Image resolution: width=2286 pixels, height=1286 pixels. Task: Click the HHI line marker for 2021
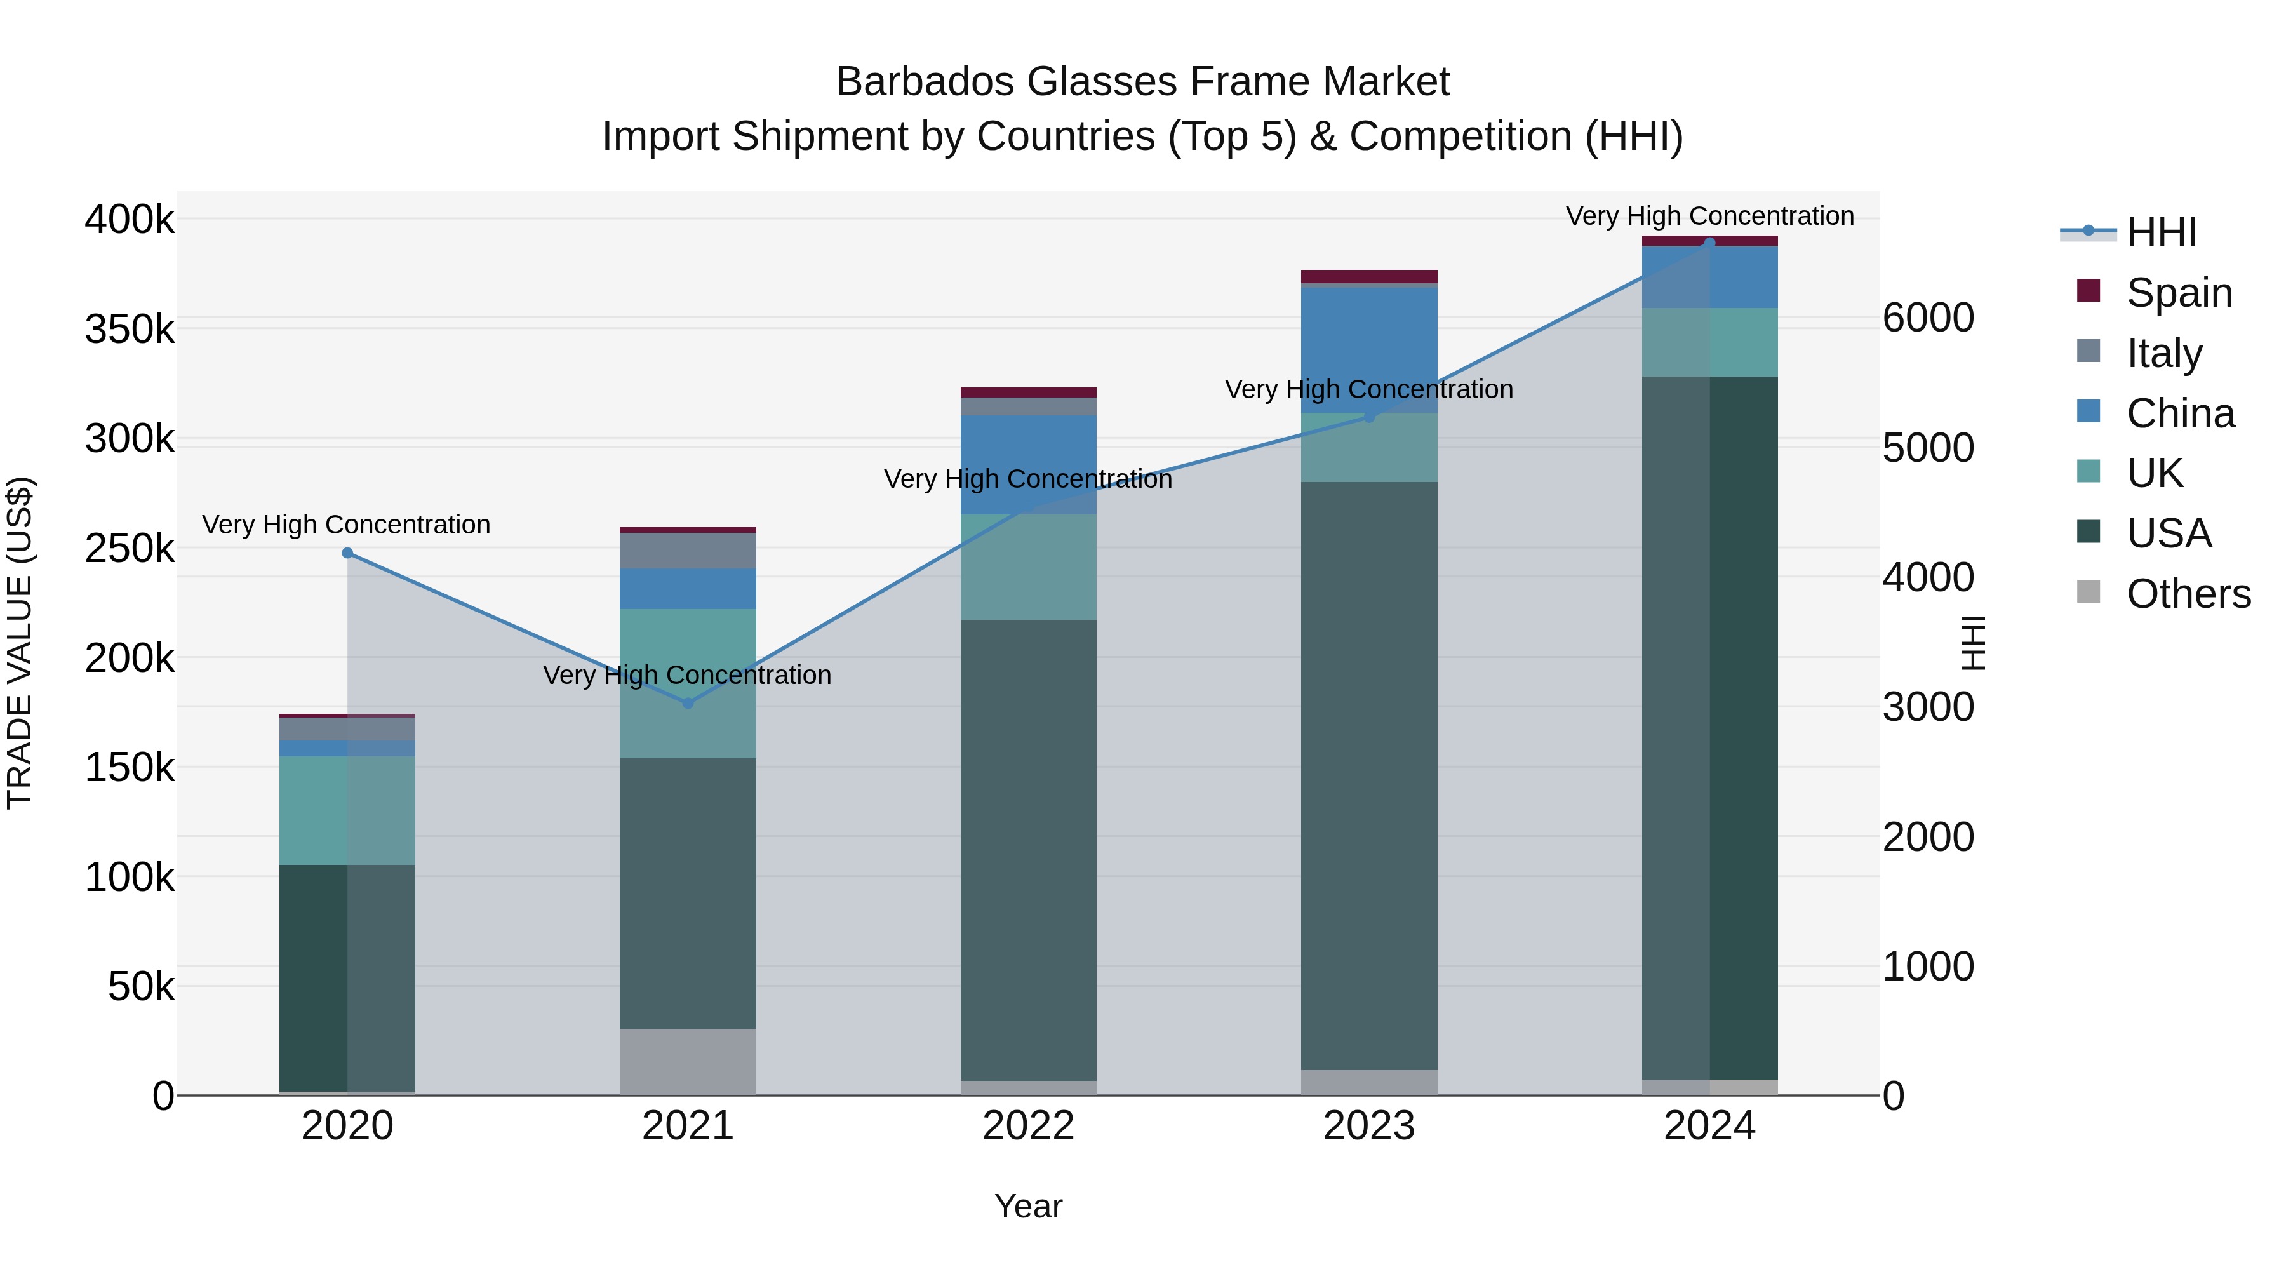click(688, 703)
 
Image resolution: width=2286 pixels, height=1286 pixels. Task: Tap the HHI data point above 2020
click(347, 553)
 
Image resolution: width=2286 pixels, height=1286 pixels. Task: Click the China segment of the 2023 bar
click(1368, 351)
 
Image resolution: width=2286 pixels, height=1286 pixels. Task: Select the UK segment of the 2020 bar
click(347, 810)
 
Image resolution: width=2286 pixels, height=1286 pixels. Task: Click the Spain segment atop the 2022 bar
click(1029, 392)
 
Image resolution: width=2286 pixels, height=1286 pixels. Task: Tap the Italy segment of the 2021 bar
click(688, 550)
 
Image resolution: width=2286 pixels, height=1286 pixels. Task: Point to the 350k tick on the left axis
click(130, 329)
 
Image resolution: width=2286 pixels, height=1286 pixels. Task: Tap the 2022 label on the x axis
click(1029, 1126)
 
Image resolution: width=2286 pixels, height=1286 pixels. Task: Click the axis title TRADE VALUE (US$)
click(20, 643)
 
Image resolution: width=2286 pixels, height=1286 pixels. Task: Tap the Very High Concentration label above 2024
click(1709, 216)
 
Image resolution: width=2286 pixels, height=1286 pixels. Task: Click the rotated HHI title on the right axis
click(1973, 643)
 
